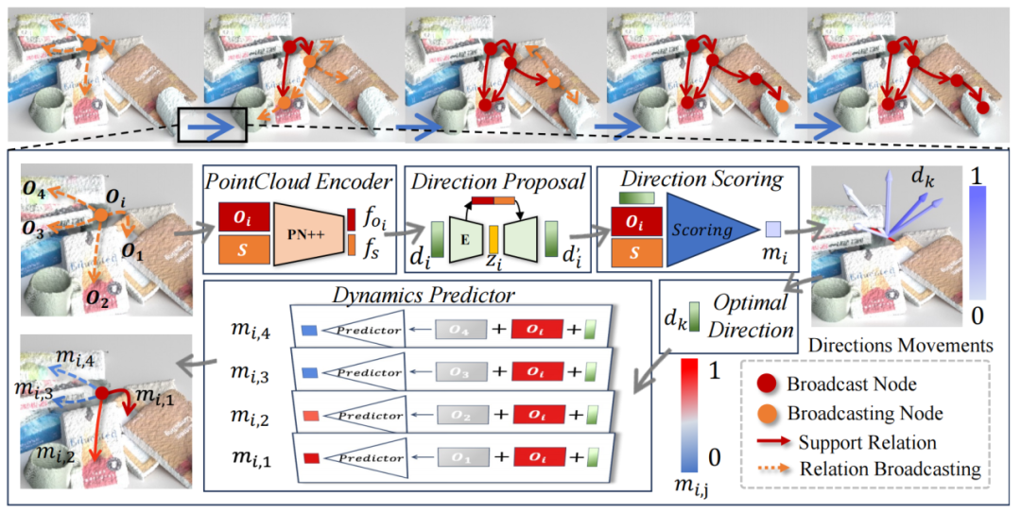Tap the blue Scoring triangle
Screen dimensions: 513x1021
point(708,227)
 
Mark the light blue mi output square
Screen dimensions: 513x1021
point(773,229)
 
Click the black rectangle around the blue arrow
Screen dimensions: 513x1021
point(212,125)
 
